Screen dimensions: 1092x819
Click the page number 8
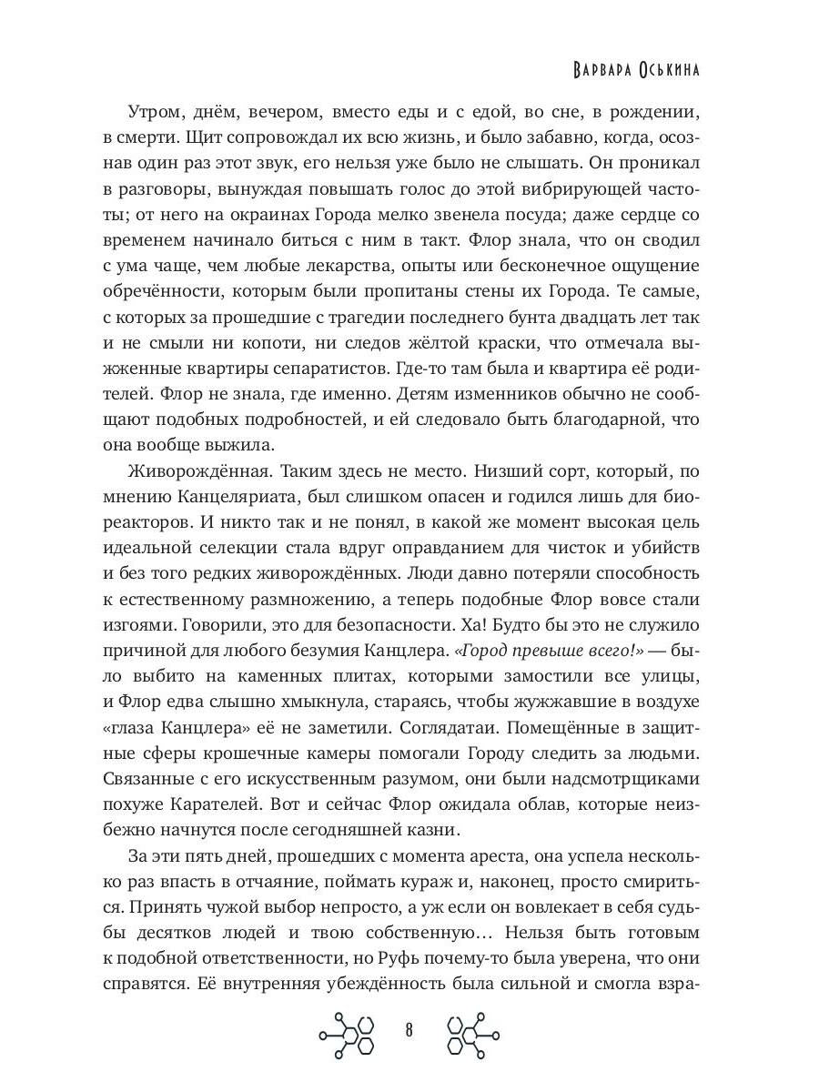coord(409,1031)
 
